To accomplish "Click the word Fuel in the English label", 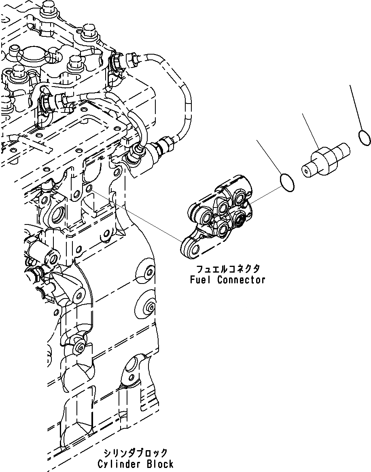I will point(201,279).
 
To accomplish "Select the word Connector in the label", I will point(241,279).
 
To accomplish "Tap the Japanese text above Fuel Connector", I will point(228,269).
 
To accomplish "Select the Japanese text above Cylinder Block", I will point(135,453).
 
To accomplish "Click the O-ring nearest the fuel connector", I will point(287,182).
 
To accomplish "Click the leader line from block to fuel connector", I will point(138,214).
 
